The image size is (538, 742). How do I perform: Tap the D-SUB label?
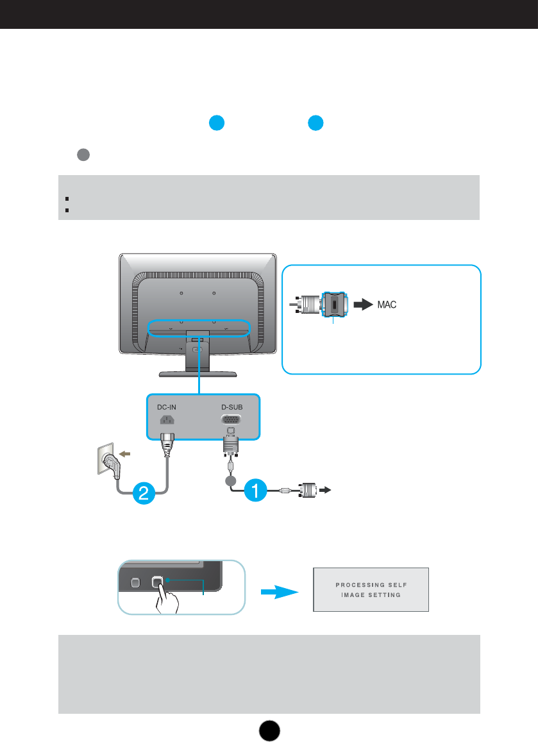tap(231, 406)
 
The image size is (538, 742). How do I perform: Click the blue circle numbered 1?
tap(255, 491)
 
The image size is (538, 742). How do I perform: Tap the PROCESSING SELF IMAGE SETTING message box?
tap(370, 589)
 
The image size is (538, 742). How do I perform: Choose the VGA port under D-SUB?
tap(231, 420)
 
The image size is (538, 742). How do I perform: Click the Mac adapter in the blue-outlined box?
tap(333, 305)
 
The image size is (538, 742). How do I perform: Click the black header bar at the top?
tap(269, 14)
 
